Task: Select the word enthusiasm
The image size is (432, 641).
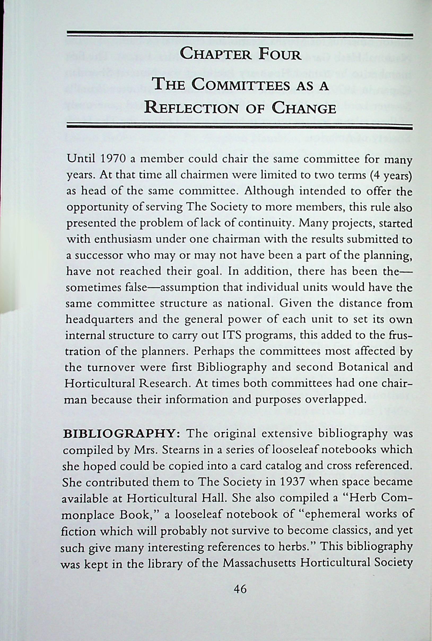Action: click(123, 239)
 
